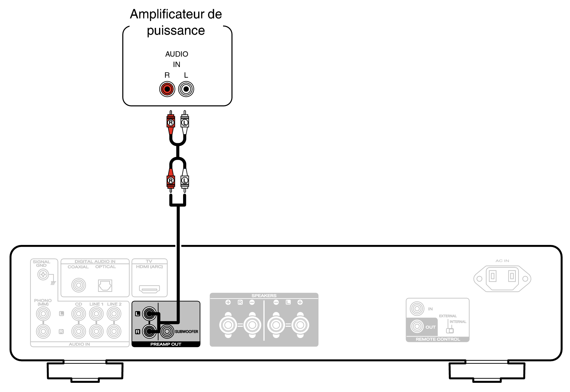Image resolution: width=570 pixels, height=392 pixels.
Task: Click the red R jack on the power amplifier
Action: coord(167,89)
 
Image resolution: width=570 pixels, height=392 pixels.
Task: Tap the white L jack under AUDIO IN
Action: coord(186,89)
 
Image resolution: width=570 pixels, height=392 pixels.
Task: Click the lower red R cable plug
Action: coord(171,180)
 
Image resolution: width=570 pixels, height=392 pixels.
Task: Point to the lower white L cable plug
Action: coord(185,180)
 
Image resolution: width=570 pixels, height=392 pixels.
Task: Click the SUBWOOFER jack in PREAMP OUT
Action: coord(167,331)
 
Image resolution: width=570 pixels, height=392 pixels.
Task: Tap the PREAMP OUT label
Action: coord(166,344)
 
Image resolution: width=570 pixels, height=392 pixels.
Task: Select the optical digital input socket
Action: coord(105,286)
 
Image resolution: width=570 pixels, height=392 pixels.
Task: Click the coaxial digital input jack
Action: coord(79,285)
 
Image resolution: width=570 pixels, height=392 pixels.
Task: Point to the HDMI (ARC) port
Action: coord(150,289)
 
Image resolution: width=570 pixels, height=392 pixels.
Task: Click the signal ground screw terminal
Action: coord(43,275)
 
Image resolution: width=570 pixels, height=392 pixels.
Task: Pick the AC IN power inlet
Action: coord(502,278)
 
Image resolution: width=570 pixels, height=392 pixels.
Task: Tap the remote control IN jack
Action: coord(417,309)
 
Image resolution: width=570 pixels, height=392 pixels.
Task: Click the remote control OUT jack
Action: coord(417,326)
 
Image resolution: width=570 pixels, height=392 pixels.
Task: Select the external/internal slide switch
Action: coord(450,330)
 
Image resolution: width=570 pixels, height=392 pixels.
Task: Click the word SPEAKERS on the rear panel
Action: coord(264,296)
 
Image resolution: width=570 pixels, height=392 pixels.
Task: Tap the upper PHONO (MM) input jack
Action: coord(43,314)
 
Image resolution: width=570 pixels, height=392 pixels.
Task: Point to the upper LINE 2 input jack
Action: coord(114,314)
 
